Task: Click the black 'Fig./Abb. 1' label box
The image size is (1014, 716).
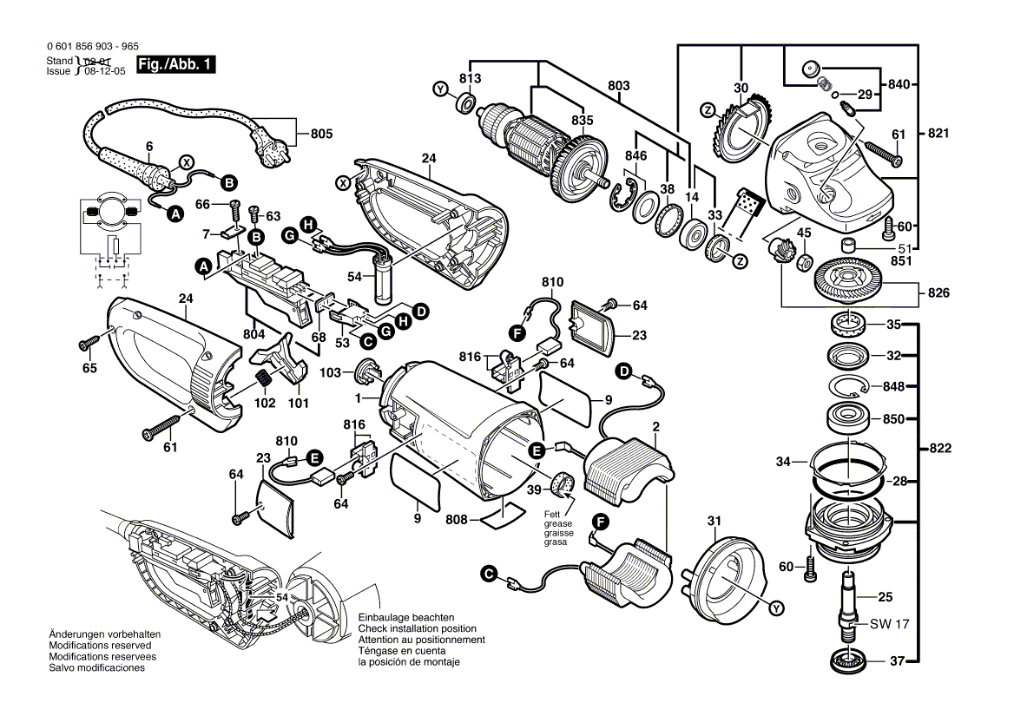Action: (x=175, y=64)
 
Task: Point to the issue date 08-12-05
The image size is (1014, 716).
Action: (x=104, y=72)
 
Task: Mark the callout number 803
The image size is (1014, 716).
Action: (x=618, y=86)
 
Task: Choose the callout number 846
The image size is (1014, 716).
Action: (x=636, y=154)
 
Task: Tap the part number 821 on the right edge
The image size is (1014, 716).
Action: (x=938, y=134)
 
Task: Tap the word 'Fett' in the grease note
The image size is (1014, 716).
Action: (x=552, y=515)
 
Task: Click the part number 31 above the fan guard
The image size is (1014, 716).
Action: (x=714, y=521)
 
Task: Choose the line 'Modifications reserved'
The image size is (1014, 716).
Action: (x=100, y=646)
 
